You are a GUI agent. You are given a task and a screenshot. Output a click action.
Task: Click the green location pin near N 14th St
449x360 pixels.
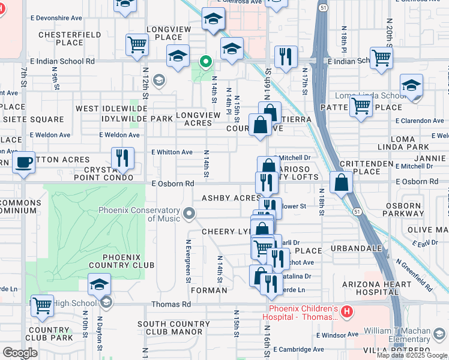pyautogui.click(x=205, y=62)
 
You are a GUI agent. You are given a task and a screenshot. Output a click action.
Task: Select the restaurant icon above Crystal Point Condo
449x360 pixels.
pyautogui.click(x=122, y=158)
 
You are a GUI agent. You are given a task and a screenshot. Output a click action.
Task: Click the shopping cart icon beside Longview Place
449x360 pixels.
pyautogui.click(x=137, y=44)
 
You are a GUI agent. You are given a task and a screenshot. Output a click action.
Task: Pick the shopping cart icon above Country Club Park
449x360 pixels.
pyautogui.click(x=42, y=305)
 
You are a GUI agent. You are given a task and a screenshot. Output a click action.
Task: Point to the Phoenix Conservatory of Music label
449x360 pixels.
pyautogui.click(x=140, y=214)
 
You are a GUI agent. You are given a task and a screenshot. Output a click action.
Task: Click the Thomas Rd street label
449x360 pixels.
pyautogui.click(x=171, y=304)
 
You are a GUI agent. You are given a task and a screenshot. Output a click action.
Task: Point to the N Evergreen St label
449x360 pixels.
pyautogui.click(x=188, y=261)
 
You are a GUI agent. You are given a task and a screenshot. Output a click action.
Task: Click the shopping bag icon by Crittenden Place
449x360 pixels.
pyautogui.click(x=341, y=182)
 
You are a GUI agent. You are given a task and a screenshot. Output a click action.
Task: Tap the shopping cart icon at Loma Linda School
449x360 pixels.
pyautogui.click(x=361, y=106)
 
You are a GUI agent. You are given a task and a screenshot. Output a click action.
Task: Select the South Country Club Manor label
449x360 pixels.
pyautogui.click(x=170, y=328)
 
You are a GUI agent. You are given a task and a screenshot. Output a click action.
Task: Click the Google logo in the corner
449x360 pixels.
pyautogui.click(x=20, y=353)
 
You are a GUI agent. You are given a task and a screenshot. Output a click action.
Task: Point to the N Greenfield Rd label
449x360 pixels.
pyautogui.click(x=414, y=276)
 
